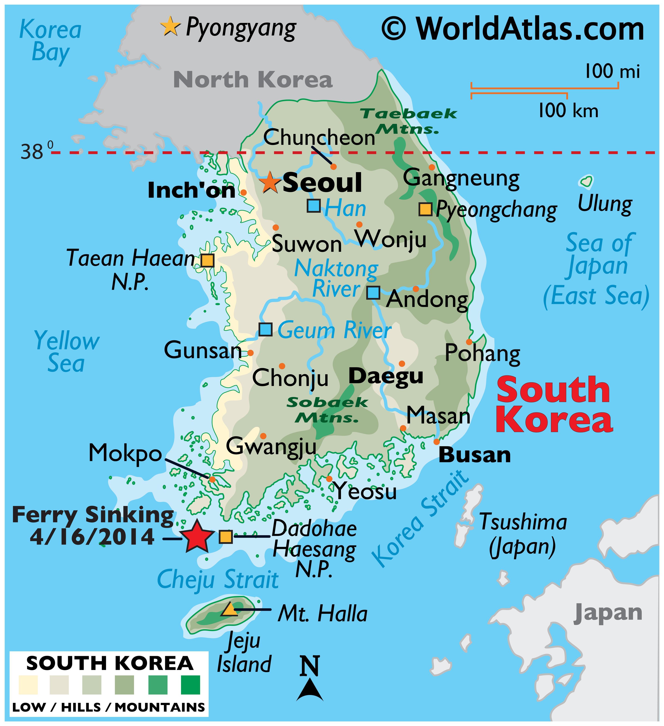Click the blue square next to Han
coord(314,206)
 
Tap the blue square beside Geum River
coord(266,330)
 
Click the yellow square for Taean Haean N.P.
coord(207,260)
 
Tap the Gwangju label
coord(271,447)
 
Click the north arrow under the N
coord(310,689)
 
